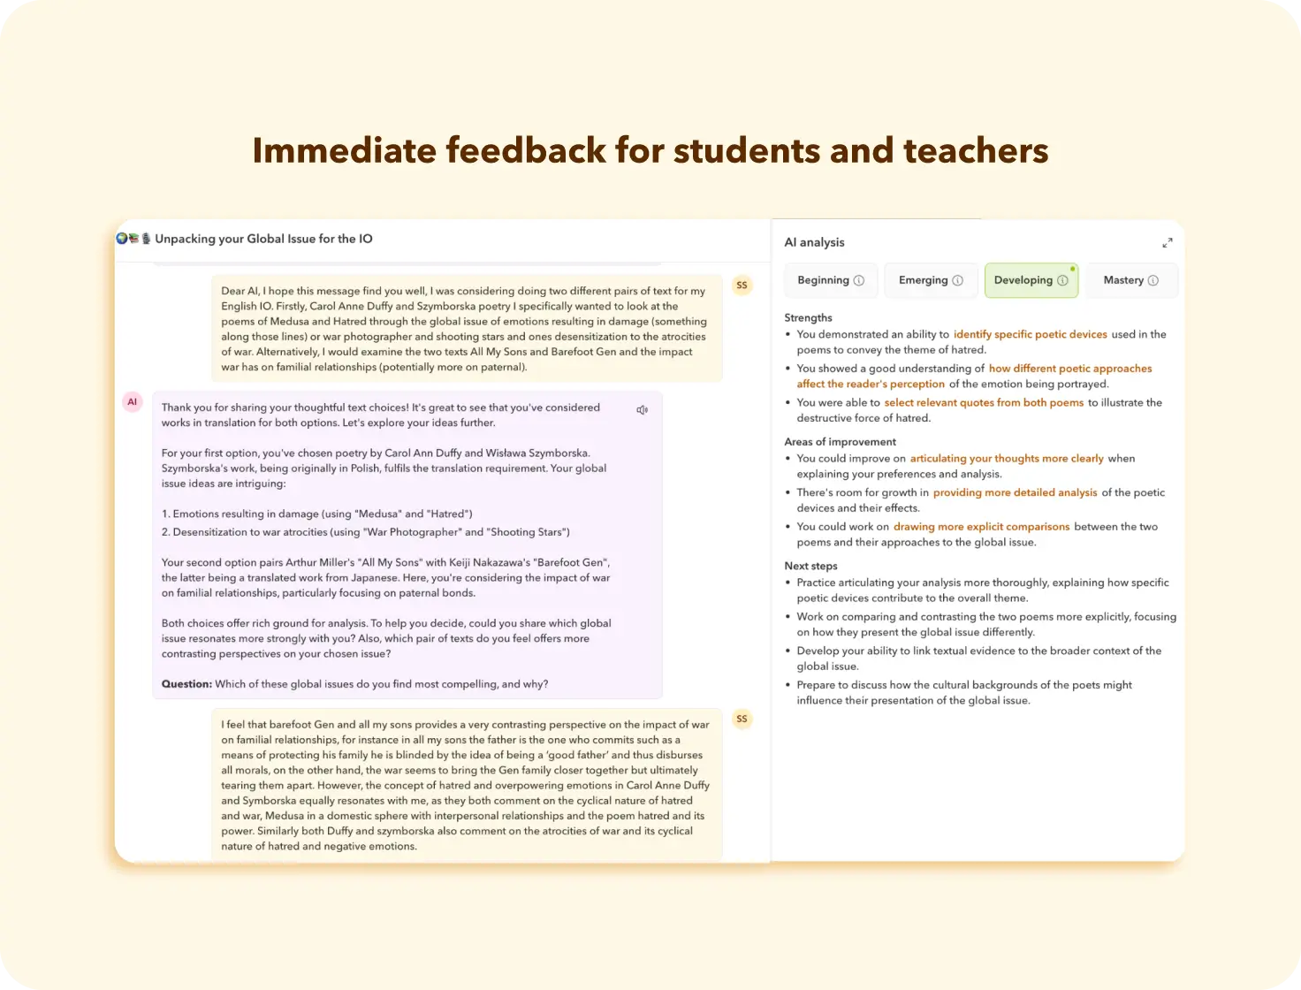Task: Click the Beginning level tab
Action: [830, 280]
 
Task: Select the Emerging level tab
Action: [931, 280]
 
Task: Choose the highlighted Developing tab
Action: [1031, 280]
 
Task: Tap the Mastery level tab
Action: [1130, 280]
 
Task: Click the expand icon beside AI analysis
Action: [1167, 242]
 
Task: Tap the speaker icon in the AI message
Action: [643, 410]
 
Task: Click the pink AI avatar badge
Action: [132, 402]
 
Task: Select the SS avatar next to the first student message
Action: [742, 286]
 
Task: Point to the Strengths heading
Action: [808, 317]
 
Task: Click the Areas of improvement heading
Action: [840, 442]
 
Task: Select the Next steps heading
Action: [810, 566]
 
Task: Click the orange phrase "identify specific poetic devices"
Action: [1030, 334]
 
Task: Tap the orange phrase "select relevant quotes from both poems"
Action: [984, 402]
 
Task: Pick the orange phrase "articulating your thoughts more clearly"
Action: [1007, 459]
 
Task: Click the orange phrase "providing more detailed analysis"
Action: [1015, 492]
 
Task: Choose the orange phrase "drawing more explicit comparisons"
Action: [981, 527]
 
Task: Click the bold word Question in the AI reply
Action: [186, 684]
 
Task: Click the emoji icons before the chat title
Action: [133, 239]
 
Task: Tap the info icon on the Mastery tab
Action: [1153, 280]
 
